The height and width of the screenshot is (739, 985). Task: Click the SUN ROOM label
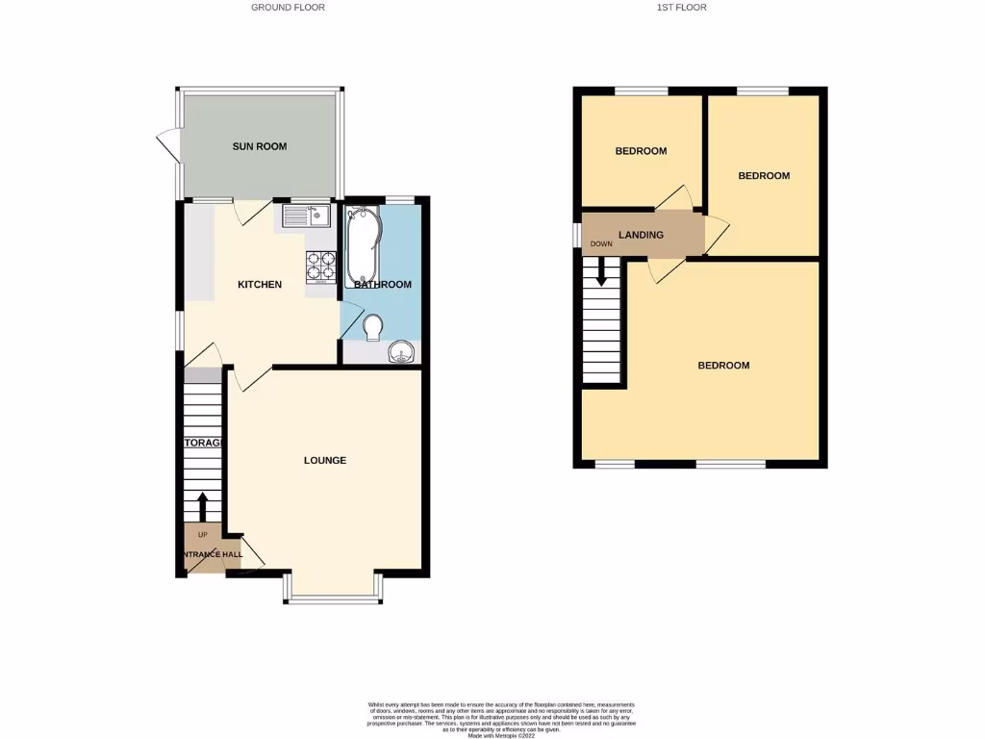click(260, 146)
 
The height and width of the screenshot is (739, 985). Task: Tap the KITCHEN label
click(260, 285)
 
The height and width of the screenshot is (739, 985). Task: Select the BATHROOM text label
click(383, 285)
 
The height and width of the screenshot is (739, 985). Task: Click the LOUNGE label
click(325, 461)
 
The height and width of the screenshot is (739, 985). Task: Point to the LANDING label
click(641, 235)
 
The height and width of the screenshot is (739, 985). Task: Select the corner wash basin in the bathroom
click(402, 353)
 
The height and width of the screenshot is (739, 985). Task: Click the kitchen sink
click(306, 216)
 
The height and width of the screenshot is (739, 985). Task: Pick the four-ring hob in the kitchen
click(320, 266)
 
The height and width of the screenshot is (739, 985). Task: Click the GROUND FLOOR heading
click(288, 8)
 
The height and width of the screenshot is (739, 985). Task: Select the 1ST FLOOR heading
click(683, 8)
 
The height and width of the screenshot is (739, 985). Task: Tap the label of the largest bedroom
click(723, 366)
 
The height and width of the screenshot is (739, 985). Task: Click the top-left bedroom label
click(641, 151)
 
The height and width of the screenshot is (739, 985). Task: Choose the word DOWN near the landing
click(601, 244)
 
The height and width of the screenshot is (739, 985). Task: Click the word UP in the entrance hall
click(202, 534)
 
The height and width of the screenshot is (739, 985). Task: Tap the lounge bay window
click(334, 599)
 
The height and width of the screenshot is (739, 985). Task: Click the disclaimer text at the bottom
click(501, 719)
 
